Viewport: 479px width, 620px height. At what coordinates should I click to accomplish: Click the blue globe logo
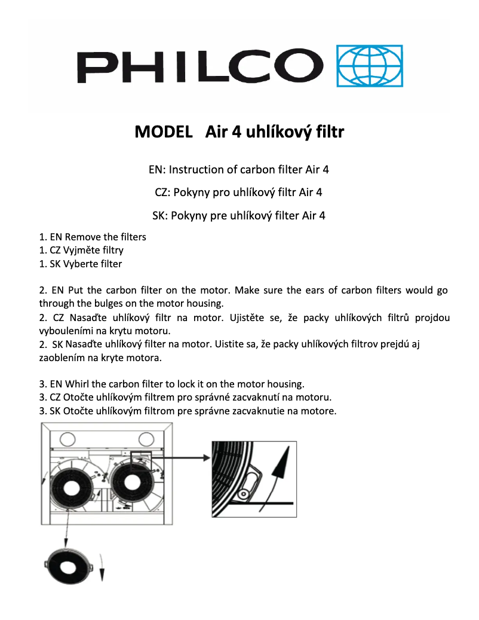point(370,65)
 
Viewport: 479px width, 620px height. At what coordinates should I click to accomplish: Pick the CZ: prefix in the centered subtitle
point(162,193)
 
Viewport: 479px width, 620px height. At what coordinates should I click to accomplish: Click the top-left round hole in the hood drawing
point(67,439)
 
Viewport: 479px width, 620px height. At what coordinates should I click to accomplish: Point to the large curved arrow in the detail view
point(280,472)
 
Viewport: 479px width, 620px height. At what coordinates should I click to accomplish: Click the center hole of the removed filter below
point(69,564)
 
